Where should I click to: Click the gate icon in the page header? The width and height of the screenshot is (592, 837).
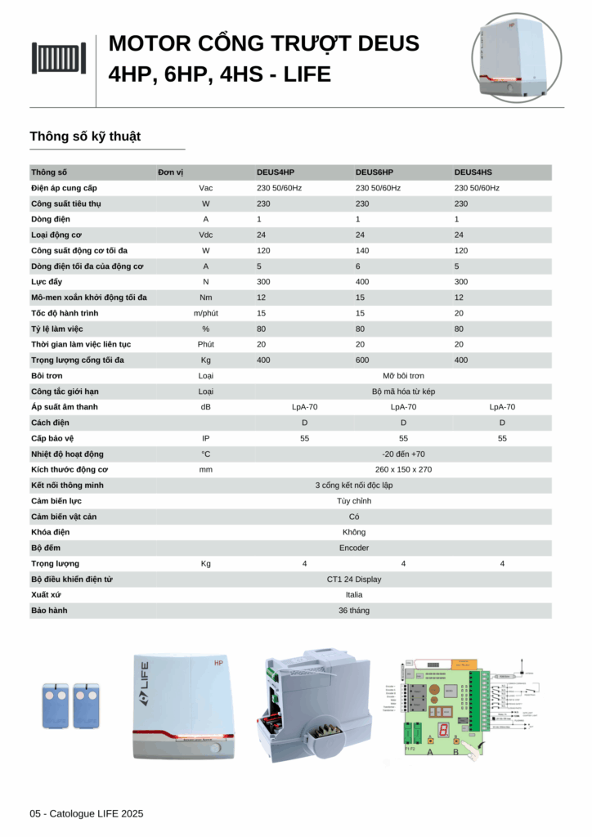coord(59,58)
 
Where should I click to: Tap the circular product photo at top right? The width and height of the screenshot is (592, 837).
coord(516,58)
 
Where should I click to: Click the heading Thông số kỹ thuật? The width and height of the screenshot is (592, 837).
coord(85,137)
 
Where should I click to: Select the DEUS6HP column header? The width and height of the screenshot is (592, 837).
coord(374,172)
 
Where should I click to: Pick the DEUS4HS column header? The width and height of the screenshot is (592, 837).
coord(473,172)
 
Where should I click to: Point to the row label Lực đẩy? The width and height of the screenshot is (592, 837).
coord(47,282)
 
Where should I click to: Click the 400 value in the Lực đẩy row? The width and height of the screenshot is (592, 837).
coord(361,282)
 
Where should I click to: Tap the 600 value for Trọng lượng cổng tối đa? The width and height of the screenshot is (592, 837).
coord(361,360)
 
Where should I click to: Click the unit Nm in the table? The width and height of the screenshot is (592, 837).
coord(206,298)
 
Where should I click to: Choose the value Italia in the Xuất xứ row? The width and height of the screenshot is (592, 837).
coord(354,595)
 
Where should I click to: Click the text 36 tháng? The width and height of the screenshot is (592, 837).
coord(354,611)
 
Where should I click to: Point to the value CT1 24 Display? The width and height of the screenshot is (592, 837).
coord(354,580)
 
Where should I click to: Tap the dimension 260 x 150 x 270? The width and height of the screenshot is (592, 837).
coord(403,470)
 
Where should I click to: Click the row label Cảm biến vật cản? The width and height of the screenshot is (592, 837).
coord(63,517)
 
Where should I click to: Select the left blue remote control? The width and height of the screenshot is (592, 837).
coord(55,705)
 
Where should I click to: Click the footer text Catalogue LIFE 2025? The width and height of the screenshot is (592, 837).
coord(96,813)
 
